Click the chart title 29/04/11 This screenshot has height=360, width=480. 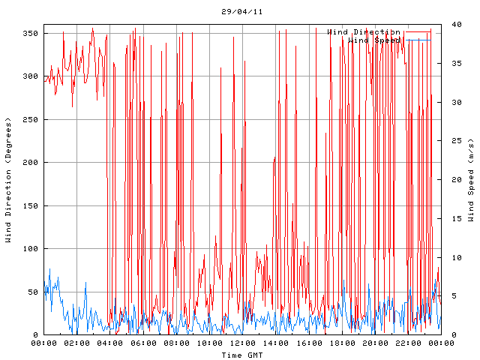coord(242,12)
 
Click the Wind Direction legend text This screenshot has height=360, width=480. coord(363,31)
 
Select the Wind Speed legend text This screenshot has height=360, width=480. coord(374,40)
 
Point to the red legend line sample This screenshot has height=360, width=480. coord(418,31)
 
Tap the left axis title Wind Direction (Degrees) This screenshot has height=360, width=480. coord(8,180)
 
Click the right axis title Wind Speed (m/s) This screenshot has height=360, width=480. coord(471,180)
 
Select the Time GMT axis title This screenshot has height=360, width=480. coord(241,354)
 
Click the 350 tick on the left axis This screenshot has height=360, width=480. coord(30,34)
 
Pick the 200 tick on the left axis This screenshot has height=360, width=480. coord(30,163)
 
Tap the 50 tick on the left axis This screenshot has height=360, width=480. coord(32,292)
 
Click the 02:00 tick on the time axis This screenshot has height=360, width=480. coord(77,343)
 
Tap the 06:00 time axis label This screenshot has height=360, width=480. coord(143,343)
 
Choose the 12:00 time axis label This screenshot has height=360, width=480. coord(242,343)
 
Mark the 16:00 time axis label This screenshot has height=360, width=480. coord(308,343)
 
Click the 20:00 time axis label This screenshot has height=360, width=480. coord(374,343)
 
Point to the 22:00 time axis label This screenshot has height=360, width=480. coord(407,343)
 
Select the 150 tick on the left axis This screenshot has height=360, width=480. coord(30,205)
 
